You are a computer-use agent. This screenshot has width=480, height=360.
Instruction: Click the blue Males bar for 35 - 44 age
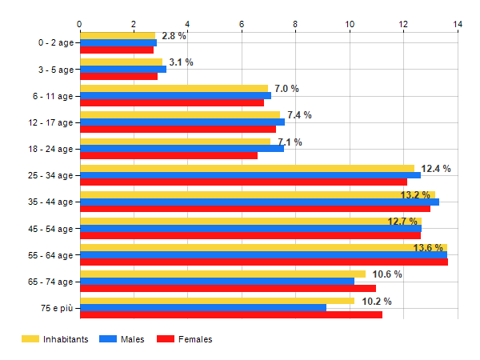pos(259,202)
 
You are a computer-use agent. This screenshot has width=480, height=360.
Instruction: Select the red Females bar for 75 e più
pos(230,314)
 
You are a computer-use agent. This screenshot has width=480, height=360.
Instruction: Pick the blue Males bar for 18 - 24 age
pos(182,148)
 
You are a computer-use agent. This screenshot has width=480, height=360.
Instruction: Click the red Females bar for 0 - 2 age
pos(117,50)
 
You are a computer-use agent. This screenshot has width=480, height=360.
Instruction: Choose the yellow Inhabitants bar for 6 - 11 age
pos(174,88)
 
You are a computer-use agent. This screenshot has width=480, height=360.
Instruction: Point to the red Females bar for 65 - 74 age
pos(227,288)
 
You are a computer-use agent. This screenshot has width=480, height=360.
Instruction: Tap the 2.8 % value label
pos(174,36)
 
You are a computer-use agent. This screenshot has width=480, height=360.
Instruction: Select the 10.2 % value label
pos(377,302)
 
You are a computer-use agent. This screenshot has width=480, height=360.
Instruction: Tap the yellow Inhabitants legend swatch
pos(30,339)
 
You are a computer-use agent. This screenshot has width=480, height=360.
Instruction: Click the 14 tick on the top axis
pos(458,24)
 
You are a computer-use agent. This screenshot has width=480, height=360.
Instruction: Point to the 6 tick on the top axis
pos(242,24)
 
